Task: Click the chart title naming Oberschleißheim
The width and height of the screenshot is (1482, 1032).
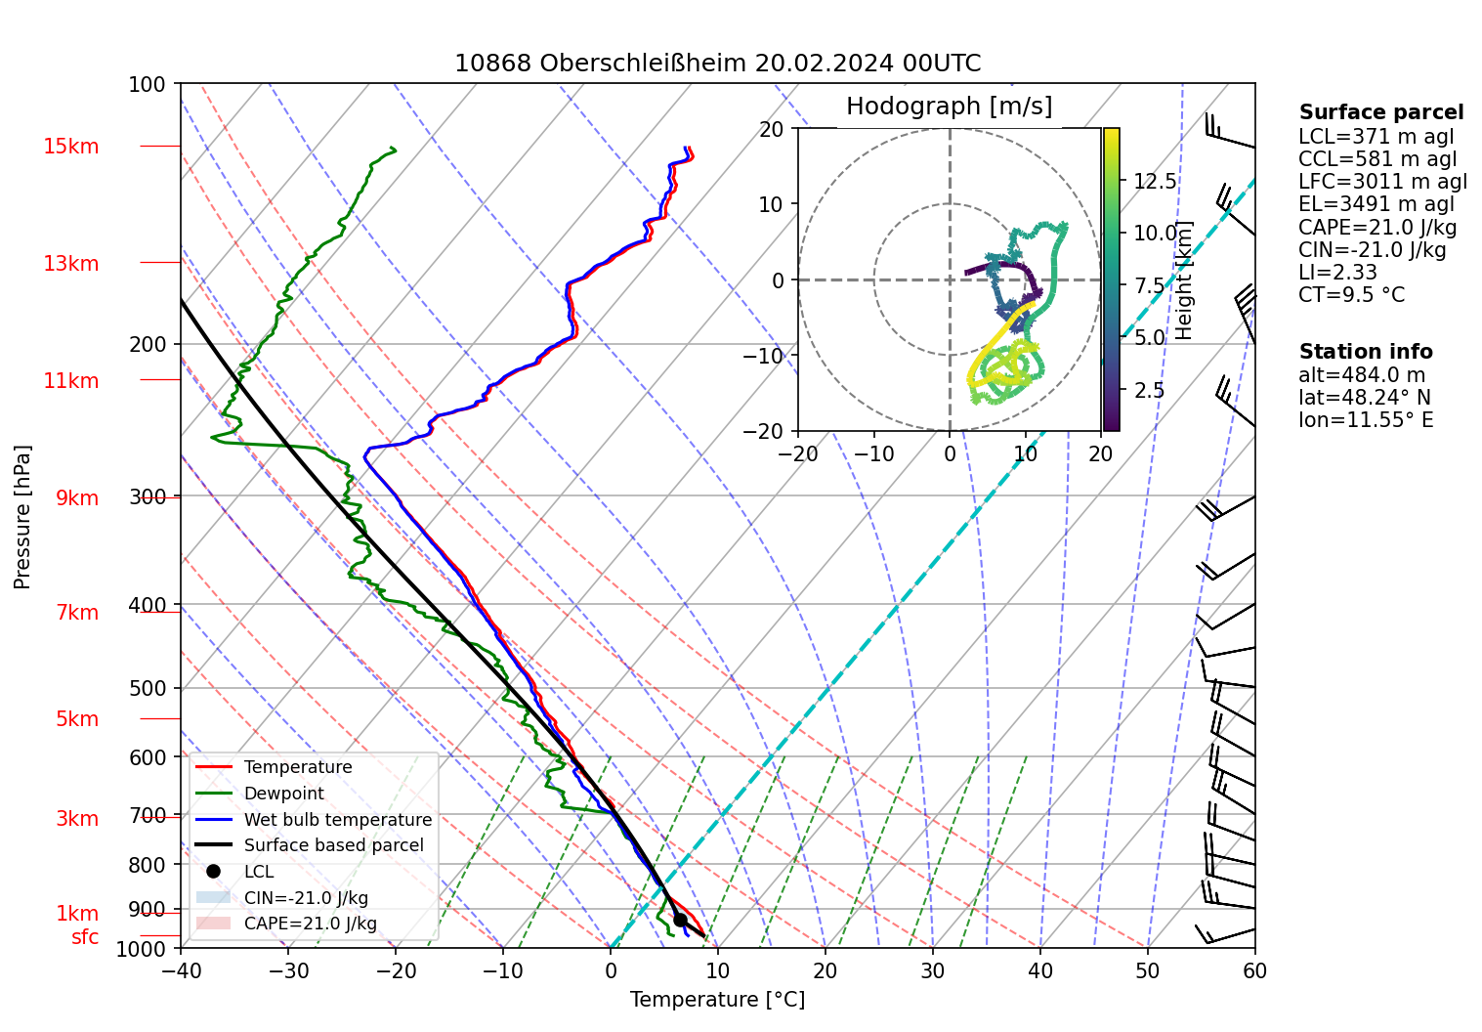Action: [x=717, y=64]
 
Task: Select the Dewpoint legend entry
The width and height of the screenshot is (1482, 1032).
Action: [x=283, y=794]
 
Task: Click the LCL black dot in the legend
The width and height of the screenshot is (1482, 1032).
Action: [x=214, y=871]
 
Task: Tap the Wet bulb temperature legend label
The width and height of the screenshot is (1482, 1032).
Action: [x=337, y=820]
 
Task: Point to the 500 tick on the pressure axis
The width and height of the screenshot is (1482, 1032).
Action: [x=148, y=688]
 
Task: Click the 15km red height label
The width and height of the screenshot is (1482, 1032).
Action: [x=70, y=147]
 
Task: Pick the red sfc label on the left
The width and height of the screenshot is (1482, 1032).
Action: [x=85, y=937]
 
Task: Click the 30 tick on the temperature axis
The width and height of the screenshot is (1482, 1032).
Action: [x=933, y=970]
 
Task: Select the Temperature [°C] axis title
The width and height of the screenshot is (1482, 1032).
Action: [x=717, y=1000]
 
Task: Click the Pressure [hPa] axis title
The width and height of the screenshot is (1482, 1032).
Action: [x=22, y=517]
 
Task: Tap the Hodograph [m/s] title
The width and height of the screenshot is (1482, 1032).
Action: [x=949, y=106]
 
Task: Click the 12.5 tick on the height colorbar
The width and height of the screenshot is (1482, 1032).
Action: [x=1155, y=181]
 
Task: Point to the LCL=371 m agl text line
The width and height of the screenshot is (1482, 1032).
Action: [x=1376, y=137]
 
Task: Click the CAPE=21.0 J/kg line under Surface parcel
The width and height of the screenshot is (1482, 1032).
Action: [x=1377, y=227]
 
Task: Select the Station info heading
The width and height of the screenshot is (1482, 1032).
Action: [x=1366, y=352]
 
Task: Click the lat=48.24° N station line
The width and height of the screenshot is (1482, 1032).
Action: [x=1364, y=398]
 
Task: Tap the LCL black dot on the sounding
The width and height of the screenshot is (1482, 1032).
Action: [x=680, y=920]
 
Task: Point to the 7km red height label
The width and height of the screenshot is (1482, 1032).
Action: [x=77, y=613]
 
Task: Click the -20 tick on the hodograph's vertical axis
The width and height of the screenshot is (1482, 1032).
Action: [x=771, y=431]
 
